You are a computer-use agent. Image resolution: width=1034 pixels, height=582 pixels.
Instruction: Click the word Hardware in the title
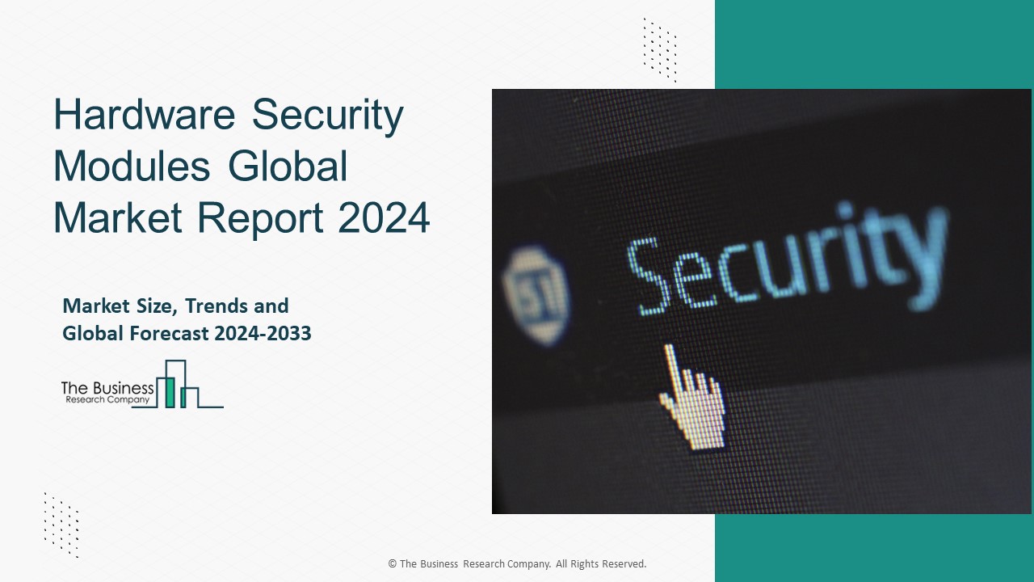coord(145,114)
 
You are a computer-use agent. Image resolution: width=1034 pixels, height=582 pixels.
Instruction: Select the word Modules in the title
coord(132,166)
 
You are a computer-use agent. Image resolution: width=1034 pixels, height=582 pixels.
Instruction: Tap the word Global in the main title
coord(288,166)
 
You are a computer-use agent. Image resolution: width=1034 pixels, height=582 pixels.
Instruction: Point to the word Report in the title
coord(260,219)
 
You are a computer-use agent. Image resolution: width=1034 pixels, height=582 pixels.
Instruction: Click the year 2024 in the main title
coord(384,217)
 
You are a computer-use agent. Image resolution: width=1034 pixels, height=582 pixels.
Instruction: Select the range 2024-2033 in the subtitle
coord(263,334)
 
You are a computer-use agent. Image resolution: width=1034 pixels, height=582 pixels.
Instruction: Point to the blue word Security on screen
coord(787,259)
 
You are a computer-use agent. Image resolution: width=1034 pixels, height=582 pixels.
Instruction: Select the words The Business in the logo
coord(107,389)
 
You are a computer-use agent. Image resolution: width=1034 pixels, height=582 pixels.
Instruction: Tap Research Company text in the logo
coord(107,400)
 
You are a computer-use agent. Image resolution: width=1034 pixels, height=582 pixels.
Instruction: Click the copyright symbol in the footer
coord(393,563)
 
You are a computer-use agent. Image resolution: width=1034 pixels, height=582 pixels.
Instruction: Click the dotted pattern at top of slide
coord(660,50)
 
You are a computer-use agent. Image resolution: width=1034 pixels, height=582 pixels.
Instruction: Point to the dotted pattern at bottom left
coord(61,525)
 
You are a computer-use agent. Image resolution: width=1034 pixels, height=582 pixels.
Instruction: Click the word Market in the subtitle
coord(96,306)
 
